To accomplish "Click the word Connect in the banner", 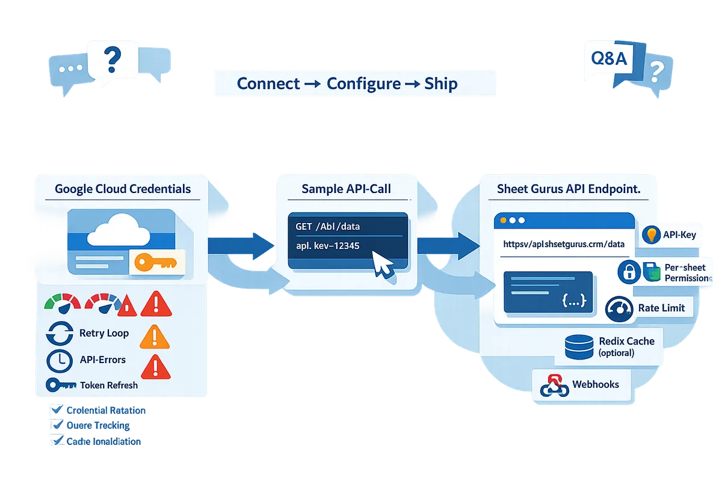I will coord(268,84).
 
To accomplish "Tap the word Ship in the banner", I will coord(440,84).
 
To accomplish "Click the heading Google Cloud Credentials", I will coord(123,189).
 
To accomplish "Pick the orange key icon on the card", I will coord(155,262).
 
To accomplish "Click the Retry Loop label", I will coord(103,333).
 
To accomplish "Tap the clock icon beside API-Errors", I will coord(59,360).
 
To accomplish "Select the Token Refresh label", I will coord(108,385).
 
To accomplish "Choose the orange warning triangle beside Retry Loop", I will coord(154,337).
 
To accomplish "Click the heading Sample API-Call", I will coord(346,189).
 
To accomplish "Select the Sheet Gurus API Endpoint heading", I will coord(569,189).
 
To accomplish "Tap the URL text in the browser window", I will coord(564,245).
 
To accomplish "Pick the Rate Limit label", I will coord(661,308).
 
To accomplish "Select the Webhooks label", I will coord(596,384).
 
